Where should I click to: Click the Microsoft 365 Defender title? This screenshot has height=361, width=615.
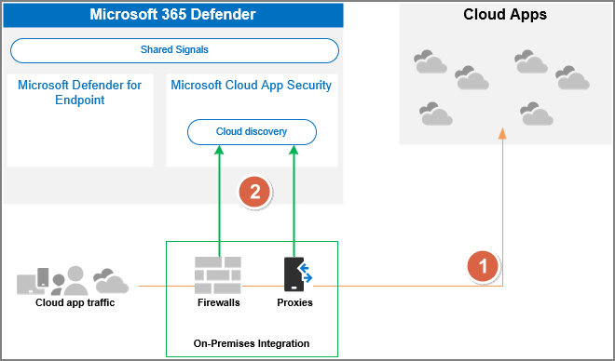[171, 14]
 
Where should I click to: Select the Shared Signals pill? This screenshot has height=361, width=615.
[174, 50]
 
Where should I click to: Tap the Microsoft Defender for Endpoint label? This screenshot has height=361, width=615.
[79, 92]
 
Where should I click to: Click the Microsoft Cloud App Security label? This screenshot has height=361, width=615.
[251, 86]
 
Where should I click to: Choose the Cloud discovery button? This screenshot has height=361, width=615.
[252, 132]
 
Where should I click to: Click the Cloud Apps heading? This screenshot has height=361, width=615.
[504, 15]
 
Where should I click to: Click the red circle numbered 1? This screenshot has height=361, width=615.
[483, 266]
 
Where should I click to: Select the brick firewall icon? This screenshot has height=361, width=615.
[218, 274]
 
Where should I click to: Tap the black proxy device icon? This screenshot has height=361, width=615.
[294, 274]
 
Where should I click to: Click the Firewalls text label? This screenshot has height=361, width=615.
[219, 302]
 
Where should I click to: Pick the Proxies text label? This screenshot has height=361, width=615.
[294, 302]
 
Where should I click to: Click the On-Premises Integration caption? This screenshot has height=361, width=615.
[252, 343]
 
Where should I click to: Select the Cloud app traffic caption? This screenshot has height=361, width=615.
[75, 302]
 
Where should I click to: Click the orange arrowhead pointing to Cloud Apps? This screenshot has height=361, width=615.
[503, 134]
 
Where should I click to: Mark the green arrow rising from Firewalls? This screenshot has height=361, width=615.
[219, 205]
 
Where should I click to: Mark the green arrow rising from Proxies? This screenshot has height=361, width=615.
[294, 205]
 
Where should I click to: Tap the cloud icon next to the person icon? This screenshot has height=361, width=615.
[111, 280]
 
